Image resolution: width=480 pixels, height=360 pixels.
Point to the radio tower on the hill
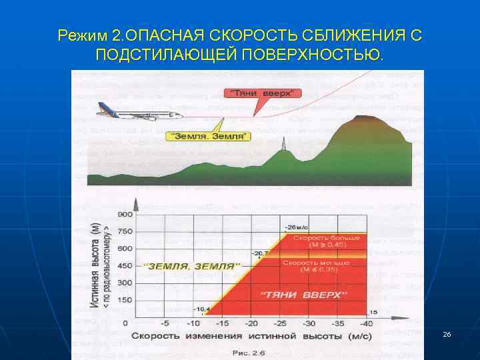tap(283, 144)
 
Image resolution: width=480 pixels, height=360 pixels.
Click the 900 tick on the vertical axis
tap(125, 215)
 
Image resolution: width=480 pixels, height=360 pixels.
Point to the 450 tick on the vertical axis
tap(125, 266)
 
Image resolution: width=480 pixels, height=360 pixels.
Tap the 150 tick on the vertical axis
tap(125, 300)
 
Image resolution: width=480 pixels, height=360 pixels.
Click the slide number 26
tap(447, 333)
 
